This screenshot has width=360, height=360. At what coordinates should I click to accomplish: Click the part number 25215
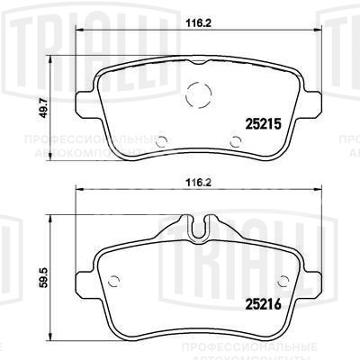[265, 124]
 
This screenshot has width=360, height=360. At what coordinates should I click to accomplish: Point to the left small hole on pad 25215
[160, 139]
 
